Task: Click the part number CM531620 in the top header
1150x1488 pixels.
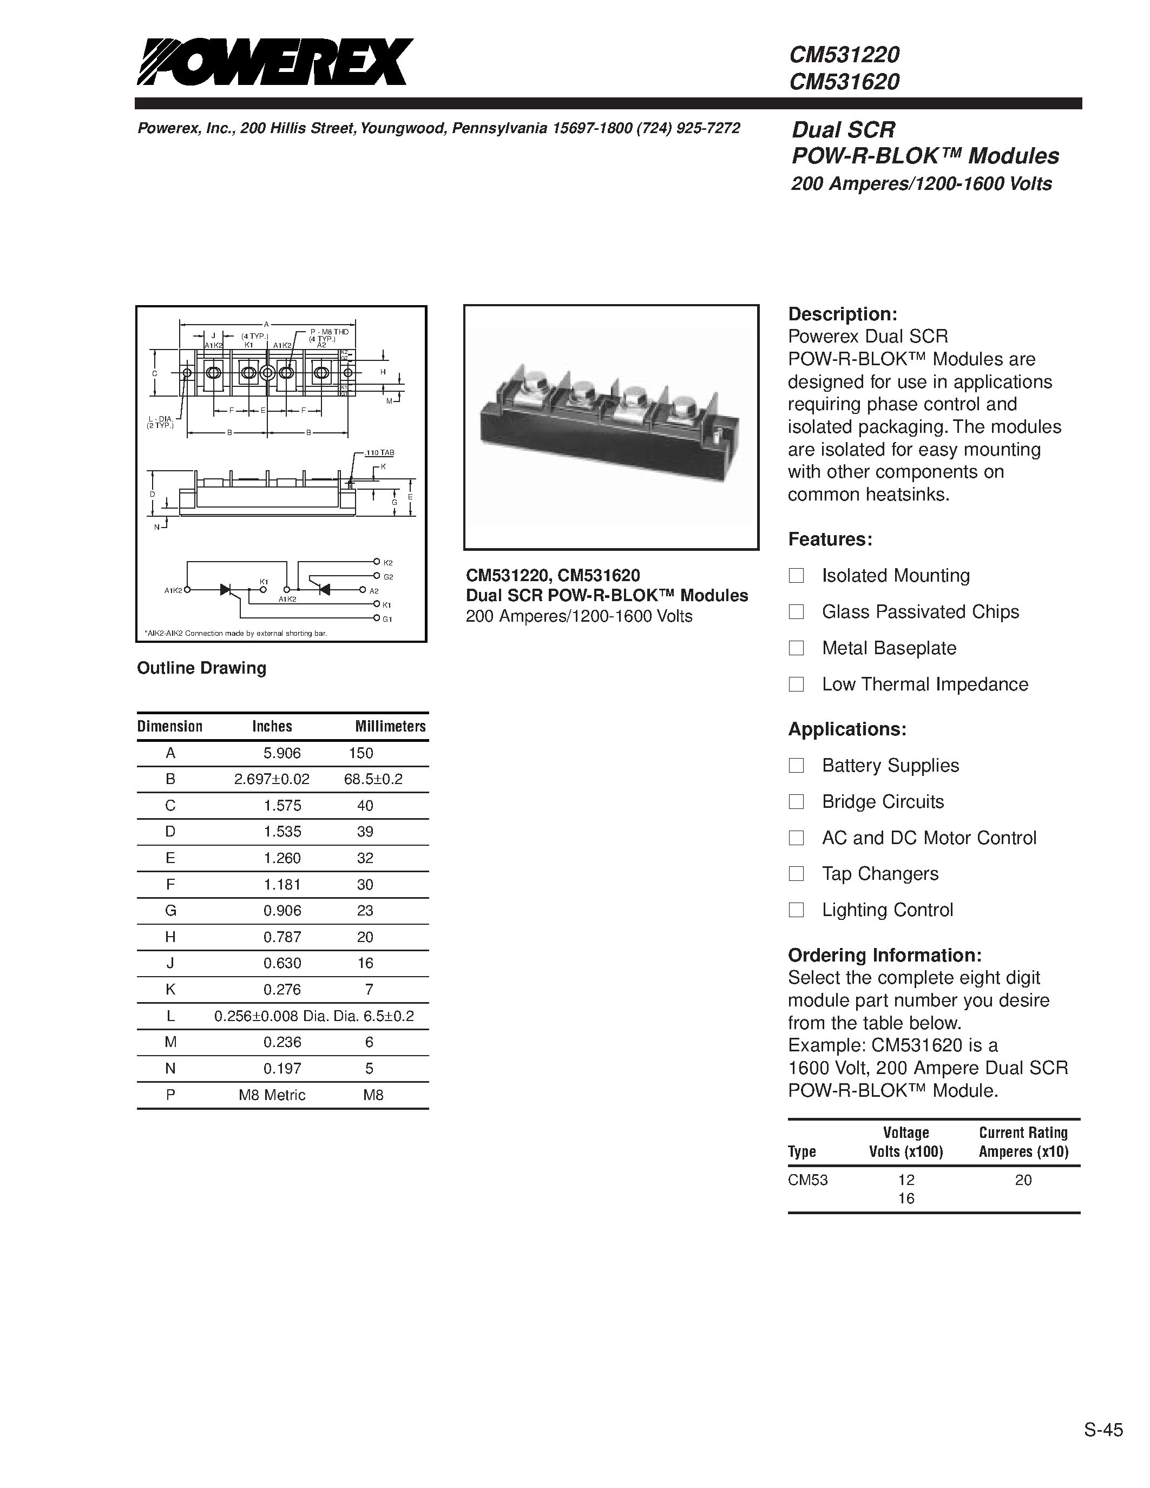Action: (x=844, y=82)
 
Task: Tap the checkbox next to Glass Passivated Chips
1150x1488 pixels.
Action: (x=796, y=612)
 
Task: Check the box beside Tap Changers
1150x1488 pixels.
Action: (x=796, y=873)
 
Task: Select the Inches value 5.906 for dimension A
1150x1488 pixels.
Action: (x=282, y=753)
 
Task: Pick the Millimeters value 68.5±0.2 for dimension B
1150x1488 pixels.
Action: (x=373, y=779)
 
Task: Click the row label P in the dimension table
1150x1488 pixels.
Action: (x=170, y=1095)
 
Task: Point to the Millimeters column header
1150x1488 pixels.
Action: (x=390, y=726)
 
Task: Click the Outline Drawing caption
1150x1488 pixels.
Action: (x=202, y=668)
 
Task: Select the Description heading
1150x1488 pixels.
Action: (x=842, y=314)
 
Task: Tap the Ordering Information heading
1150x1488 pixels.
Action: (x=884, y=954)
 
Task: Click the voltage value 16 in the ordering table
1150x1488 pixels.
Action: (x=905, y=1199)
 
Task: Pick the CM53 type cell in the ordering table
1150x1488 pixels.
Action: (x=808, y=1180)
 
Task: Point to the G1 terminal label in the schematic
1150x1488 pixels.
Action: (x=387, y=618)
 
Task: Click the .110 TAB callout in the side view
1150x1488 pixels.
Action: (x=379, y=452)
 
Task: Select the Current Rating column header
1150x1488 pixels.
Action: (x=1023, y=1142)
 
